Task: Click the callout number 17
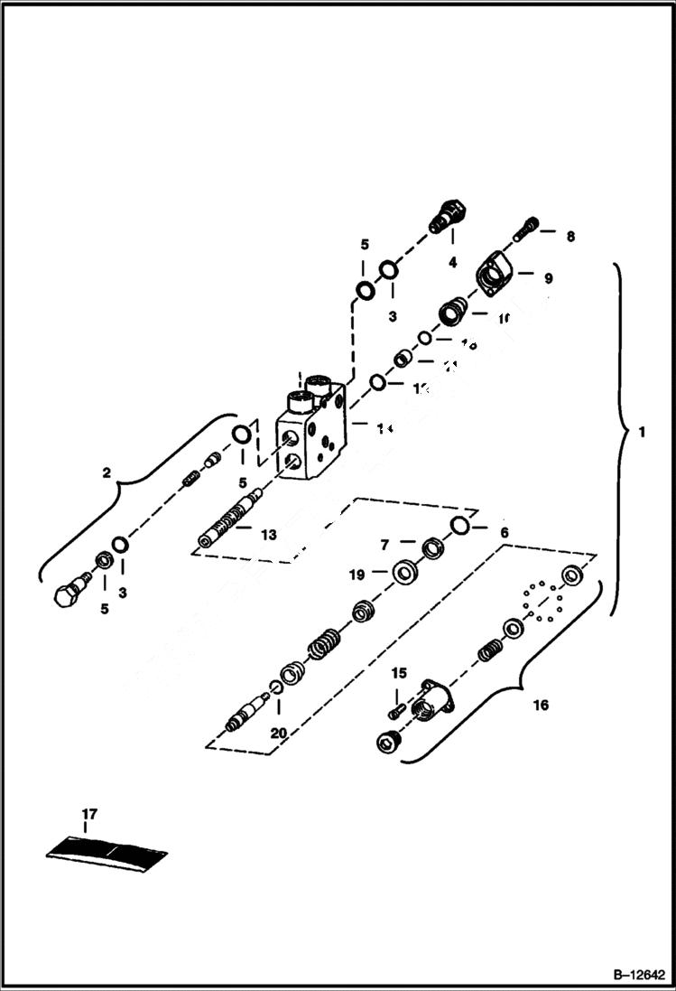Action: coord(88,816)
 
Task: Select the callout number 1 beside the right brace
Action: coord(641,433)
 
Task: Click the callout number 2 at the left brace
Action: coord(106,472)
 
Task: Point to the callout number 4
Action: coord(452,262)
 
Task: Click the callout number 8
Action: coord(570,237)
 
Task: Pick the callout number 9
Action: coord(548,279)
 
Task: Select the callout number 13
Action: coord(268,535)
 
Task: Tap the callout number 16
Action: coord(541,704)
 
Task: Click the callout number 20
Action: coord(278,734)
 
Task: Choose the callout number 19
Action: coord(357,574)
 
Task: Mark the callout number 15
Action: coord(399,673)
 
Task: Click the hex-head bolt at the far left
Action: coord(69,596)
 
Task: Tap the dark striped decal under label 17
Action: coord(108,852)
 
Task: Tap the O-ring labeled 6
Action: coord(459,526)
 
